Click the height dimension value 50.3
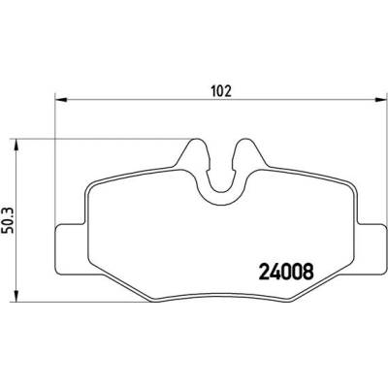coord(8,221)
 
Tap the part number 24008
coord(286,272)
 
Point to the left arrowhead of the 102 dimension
coord(60,100)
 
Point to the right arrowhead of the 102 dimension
coord(380,100)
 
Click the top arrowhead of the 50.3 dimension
coord(16,145)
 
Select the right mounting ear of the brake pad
coord(372,249)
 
